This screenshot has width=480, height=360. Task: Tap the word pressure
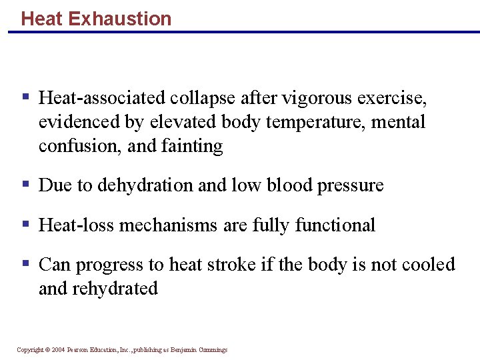[351, 185]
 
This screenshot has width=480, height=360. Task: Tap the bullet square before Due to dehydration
[26, 183]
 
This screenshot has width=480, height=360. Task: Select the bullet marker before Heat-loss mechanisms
[26, 223]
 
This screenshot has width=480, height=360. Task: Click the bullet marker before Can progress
[26, 263]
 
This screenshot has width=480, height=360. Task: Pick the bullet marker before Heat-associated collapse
[26, 97]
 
